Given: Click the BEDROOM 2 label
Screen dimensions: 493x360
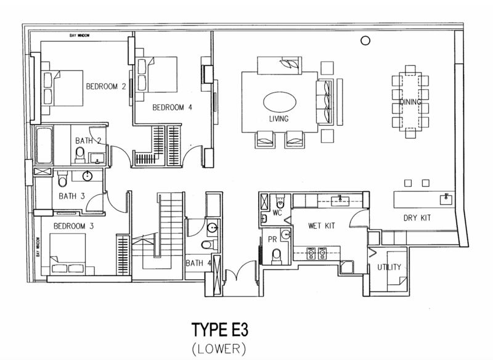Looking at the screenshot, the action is click(x=106, y=86).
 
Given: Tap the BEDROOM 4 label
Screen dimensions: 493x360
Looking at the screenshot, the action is click(x=172, y=107).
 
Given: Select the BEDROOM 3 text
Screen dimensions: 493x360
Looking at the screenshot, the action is click(x=73, y=226).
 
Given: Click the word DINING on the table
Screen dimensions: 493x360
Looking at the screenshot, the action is click(x=410, y=102).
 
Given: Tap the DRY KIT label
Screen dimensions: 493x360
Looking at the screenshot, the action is click(x=417, y=218).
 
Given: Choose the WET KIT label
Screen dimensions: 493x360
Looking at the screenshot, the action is click(x=321, y=226).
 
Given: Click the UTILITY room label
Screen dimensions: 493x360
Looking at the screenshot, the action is click(x=389, y=267).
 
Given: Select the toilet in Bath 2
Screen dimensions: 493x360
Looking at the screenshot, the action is click(x=80, y=155).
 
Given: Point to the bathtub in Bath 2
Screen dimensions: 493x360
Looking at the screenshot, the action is click(x=44, y=145).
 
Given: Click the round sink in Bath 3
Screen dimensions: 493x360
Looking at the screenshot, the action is click(x=88, y=176).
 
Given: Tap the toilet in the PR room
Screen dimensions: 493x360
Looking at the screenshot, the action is click(x=277, y=256).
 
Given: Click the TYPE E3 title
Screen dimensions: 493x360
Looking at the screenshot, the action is click(x=220, y=330).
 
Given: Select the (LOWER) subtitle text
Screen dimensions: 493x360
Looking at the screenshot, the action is click(x=219, y=349).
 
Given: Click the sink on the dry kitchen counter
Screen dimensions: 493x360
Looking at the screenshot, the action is click(x=446, y=198).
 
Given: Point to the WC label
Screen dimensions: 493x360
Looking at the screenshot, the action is click(x=277, y=213).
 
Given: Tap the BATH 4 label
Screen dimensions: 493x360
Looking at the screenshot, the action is click(x=198, y=263).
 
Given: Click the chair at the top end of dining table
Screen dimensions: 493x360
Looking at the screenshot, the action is click(x=410, y=70).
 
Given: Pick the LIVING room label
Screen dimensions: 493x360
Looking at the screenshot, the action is click(x=279, y=119).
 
